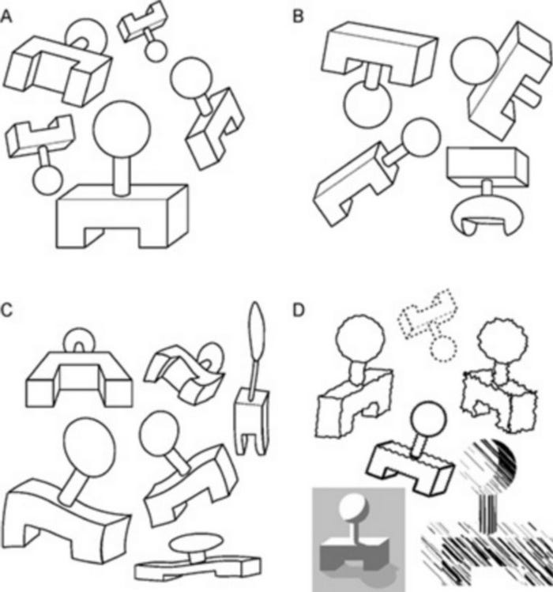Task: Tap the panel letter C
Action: coord(7,309)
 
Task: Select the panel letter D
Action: coord(299,309)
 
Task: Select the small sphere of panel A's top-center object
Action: coord(156,51)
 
